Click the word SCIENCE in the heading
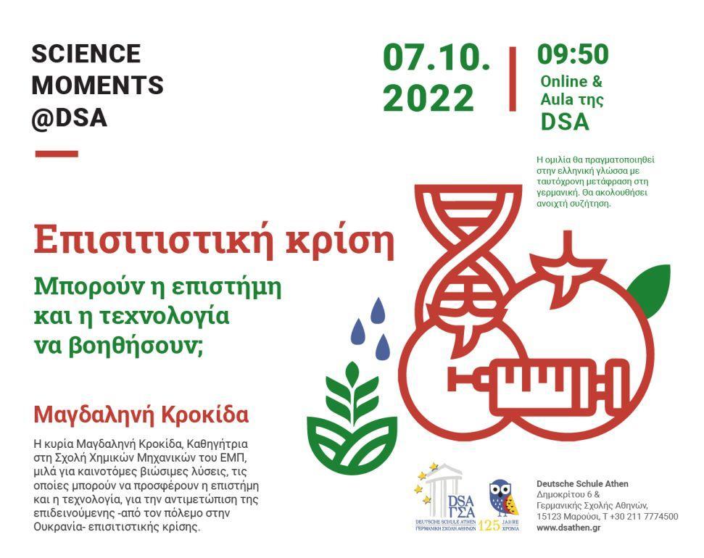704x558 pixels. tap(86, 54)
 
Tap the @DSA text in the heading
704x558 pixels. tap(70, 118)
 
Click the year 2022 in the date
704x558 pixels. tap(428, 99)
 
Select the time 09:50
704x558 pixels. tap(573, 54)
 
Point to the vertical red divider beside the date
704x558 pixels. tap(513, 78)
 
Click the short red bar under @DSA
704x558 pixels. tap(57, 154)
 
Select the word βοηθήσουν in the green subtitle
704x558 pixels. tap(135, 346)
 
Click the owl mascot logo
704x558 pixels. tap(503, 499)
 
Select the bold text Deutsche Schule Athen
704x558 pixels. tap(582, 484)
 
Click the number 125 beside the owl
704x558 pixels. tap(489, 525)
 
